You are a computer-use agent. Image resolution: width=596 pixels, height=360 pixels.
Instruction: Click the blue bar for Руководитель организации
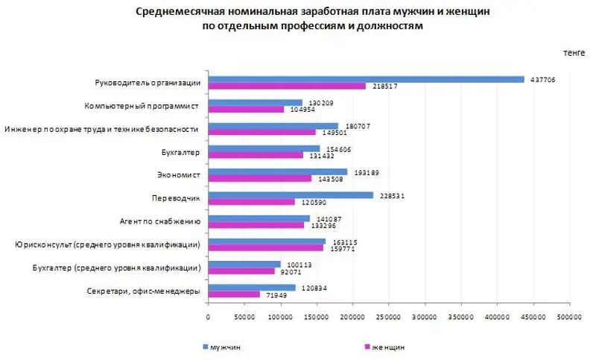tap(366, 79)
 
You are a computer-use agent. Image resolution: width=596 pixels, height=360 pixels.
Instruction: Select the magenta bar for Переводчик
tap(252, 202)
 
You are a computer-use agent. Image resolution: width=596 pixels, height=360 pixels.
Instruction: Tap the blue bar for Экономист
tap(278, 171)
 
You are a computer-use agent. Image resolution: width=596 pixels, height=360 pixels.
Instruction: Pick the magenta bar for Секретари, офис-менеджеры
tap(234, 294)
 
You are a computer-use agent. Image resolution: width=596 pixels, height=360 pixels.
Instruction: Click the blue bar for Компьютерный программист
tap(256, 102)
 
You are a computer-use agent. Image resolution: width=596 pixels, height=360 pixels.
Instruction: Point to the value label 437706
tap(542, 79)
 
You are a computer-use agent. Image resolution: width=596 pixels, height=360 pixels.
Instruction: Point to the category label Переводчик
tap(177, 198)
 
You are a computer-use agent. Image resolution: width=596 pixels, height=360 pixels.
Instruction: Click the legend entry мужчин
tap(224, 347)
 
